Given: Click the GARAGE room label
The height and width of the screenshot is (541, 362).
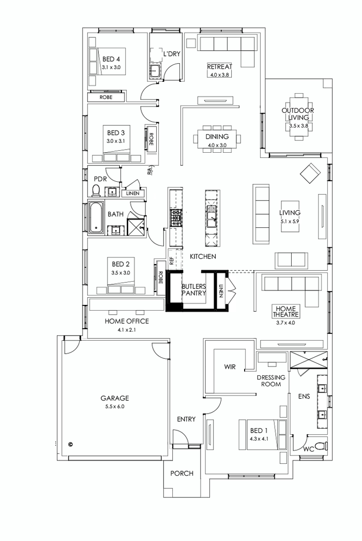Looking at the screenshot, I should pyautogui.click(x=114, y=398).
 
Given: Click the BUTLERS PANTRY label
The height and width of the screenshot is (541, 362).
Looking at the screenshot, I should pyautogui.click(x=194, y=289).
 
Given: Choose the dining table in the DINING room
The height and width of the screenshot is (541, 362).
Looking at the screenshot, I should pyautogui.click(x=217, y=137).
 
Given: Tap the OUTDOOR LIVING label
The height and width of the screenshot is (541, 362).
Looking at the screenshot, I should pyautogui.click(x=297, y=114).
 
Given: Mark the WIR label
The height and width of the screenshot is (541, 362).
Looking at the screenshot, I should pyautogui.click(x=230, y=367).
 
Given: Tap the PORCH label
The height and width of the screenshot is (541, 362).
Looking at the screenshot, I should pyautogui.click(x=182, y=473).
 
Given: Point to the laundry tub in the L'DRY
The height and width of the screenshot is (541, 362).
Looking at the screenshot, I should pyautogui.click(x=155, y=71).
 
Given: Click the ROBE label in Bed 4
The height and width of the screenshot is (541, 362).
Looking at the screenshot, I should pyautogui.click(x=107, y=97).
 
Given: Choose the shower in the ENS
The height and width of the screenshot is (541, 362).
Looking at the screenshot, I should pyautogui.click(x=308, y=360).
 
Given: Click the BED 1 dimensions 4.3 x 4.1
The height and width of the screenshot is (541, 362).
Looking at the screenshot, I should pyautogui.click(x=259, y=438).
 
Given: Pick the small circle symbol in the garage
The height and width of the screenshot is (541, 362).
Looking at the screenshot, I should pyautogui.click(x=70, y=444).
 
